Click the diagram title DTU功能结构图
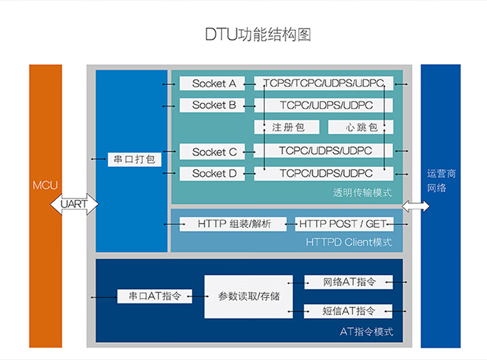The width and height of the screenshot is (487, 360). click(258, 34)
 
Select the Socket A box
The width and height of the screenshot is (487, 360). click(209, 84)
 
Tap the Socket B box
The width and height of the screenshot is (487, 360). click(209, 105)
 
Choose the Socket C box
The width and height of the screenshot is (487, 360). click(209, 152)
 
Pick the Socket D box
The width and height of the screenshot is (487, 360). click(209, 174)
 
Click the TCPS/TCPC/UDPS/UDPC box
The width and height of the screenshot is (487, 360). click(323, 84)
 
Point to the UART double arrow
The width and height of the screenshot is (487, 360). click(74, 204)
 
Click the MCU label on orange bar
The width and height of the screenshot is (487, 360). click(45, 185)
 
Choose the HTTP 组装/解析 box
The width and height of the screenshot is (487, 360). click(232, 224)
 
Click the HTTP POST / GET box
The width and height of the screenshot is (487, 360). click(342, 224)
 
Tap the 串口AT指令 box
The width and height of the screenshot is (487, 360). click(155, 296)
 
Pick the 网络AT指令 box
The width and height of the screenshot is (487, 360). click(349, 282)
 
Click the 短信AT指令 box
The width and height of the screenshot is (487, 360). click(349, 311)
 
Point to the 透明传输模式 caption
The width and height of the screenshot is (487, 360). click(363, 193)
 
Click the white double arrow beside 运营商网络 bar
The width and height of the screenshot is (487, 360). click(416, 207)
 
